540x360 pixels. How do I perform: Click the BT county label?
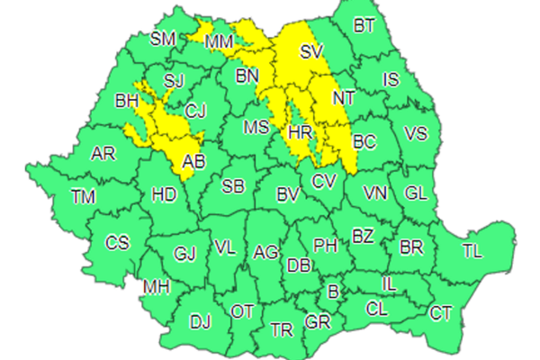pos(364,26)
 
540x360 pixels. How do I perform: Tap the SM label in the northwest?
pos(163,38)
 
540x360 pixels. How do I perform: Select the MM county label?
pos(219,42)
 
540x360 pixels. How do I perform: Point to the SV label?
pos(310,51)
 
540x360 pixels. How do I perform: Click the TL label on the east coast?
pos(472,251)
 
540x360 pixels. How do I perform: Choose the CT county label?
pos(441,313)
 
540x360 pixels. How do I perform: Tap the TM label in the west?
pos(84,196)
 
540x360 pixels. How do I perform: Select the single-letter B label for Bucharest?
pos(333,292)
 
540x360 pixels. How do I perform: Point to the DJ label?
pos(200,320)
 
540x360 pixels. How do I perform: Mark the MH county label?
pos(156,287)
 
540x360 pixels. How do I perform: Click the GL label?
pos(416,193)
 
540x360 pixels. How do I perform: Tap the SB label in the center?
pos(233,187)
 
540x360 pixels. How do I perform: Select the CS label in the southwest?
pos(117,243)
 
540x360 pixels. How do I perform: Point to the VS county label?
pos(416,134)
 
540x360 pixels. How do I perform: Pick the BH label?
pos(127,102)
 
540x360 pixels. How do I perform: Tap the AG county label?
pos(265,253)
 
